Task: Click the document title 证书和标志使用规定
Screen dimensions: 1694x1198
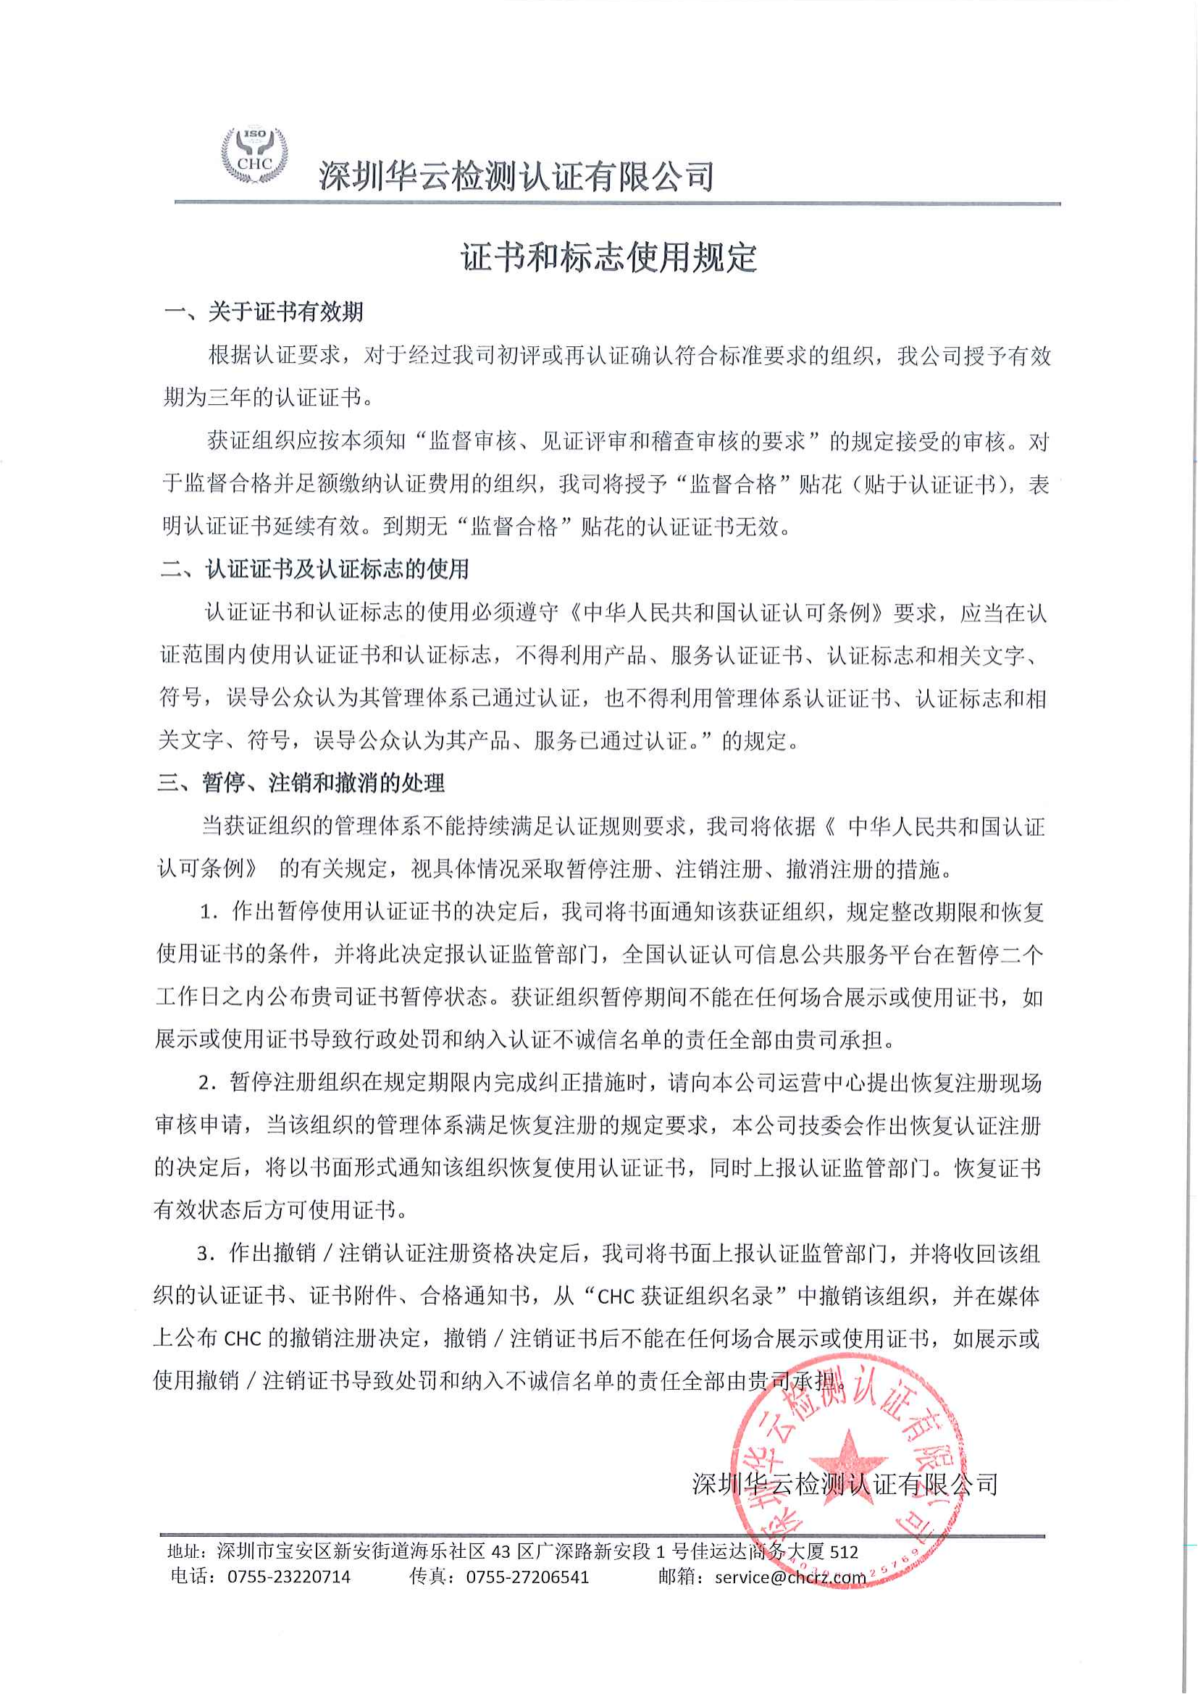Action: click(608, 258)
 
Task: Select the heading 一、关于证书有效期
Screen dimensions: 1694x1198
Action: click(264, 313)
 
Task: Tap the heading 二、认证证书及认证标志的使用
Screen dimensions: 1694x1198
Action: click(315, 569)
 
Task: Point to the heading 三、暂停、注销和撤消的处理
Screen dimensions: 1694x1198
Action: click(301, 783)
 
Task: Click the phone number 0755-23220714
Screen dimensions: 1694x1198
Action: click(289, 1577)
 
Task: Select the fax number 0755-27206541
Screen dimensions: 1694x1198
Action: click(527, 1577)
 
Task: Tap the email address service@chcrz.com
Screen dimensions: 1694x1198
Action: click(790, 1577)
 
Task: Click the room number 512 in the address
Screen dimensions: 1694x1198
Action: click(844, 1551)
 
